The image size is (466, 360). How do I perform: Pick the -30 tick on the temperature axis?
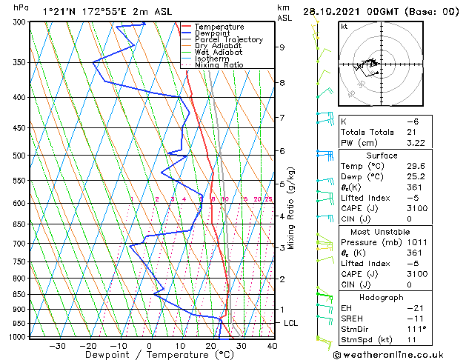coord(56,345)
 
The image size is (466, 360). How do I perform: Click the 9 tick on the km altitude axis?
coord(282,47)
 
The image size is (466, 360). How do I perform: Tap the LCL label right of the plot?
coord(290,324)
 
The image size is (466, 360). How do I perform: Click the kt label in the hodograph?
coord(344,27)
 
